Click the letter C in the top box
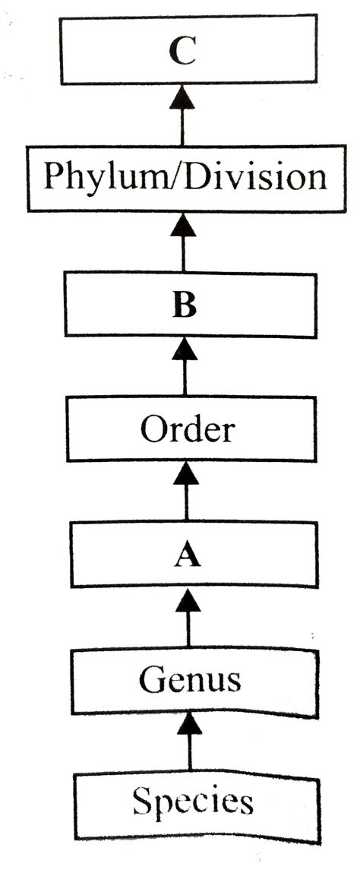point(182,52)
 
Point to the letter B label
point(184,307)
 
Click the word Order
point(187,430)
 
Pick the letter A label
point(187,556)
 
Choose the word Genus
point(190,678)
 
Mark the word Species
point(191,802)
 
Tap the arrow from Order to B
point(185,367)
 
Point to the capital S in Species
point(142,801)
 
